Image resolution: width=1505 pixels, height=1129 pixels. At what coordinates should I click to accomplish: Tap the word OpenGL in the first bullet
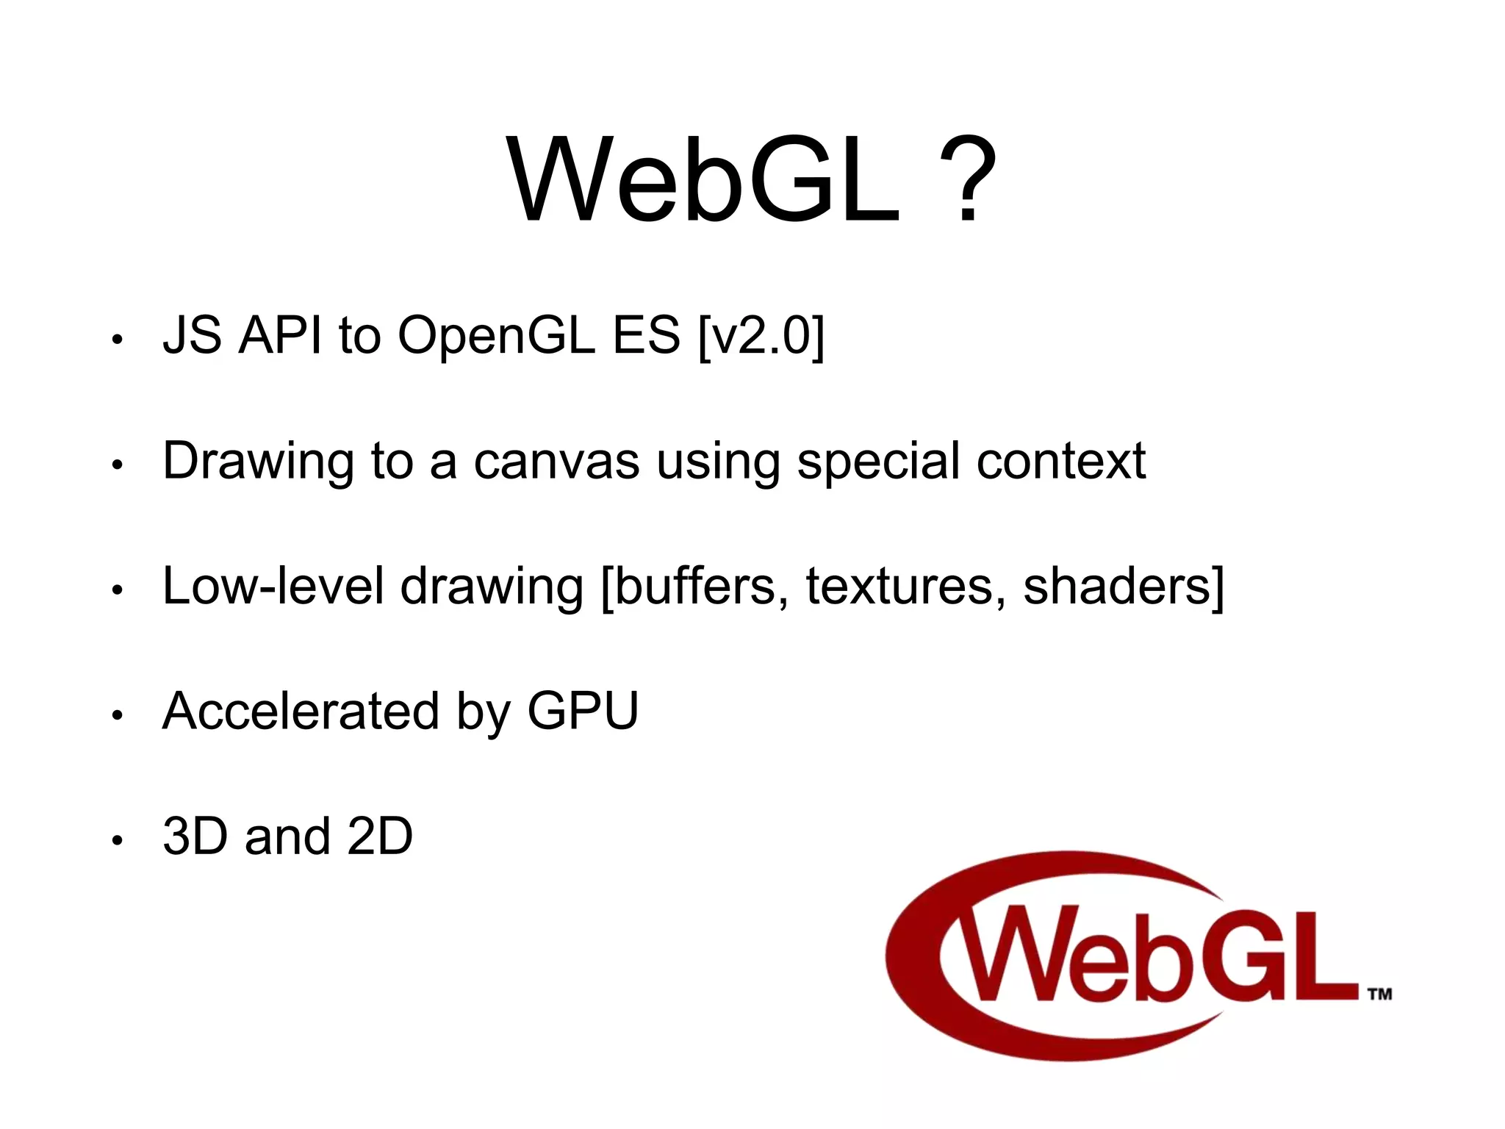(x=496, y=335)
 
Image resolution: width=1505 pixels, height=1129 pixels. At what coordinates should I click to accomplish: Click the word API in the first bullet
(x=280, y=335)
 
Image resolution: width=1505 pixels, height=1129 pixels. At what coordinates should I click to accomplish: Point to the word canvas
(x=556, y=462)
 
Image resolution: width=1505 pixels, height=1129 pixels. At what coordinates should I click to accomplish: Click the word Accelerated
(x=301, y=711)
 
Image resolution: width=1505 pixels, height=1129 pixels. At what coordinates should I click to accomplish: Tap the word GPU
(x=583, y=711)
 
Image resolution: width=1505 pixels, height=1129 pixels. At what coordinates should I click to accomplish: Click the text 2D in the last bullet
(x=379, y=836)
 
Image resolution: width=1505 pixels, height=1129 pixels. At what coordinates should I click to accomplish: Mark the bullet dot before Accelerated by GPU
(x=116, y=715)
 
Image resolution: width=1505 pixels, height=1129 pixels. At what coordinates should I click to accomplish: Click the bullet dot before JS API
(x=116, y=340)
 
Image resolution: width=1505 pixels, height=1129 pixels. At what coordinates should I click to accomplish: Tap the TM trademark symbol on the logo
(x=1379, y=994)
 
